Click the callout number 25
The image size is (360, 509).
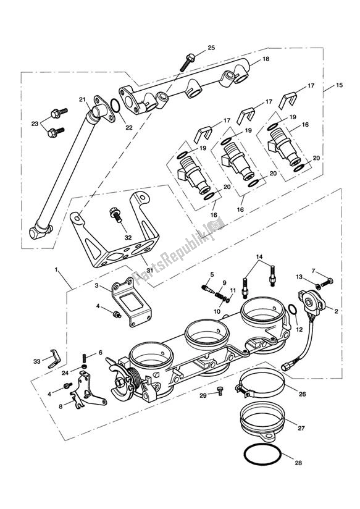click(x=211, y=48)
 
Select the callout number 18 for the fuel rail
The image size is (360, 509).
click(x=266, y=59)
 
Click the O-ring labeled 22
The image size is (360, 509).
click(x=115, y=106)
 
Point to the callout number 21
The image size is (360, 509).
click(x=82, y=99)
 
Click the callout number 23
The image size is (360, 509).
click(x=35, y=124)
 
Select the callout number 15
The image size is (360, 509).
click(x=339, y=85)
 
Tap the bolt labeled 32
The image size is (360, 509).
click(x=116, y=214)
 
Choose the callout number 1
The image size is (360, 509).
click(x=56, y=269)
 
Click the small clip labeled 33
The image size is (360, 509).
click(x=54, y=359)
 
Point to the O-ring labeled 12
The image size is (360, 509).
click(x=292, y=309)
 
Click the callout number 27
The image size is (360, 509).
click(x=301, y=428)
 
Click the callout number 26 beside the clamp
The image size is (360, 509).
click(x=302, y=394)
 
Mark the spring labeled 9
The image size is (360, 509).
click(x=220, y=297)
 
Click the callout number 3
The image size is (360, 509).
click(x=96, y=285)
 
